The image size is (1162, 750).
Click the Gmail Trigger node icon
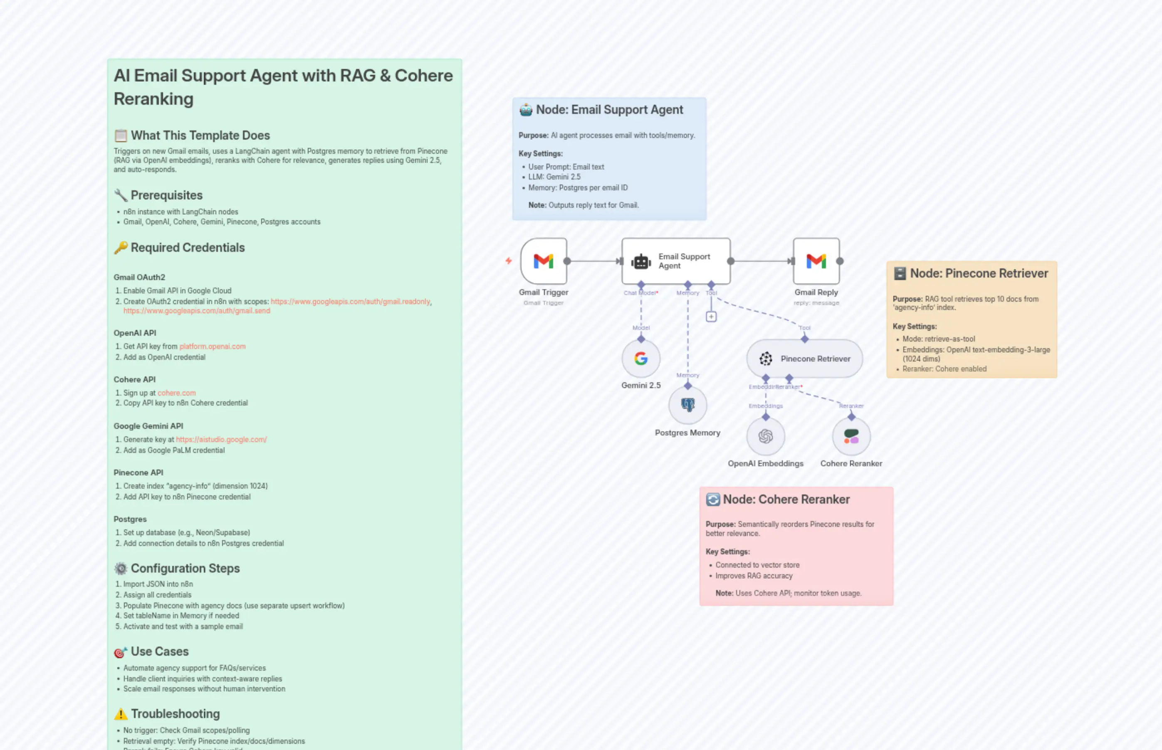pos(544,261)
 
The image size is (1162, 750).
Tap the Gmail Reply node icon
pos(816,261)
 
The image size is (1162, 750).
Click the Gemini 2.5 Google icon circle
pos(641,359)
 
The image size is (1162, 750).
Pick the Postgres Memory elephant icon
pos(688,405)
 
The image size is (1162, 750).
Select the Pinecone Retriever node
pos(805,359)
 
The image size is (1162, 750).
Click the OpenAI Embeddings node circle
pos(766,436)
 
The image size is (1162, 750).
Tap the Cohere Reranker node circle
pos(851,436)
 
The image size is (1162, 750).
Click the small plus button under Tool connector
pos(711,317)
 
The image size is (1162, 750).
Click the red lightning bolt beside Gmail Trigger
pos(508,261)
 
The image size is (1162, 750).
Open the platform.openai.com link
pos(212,346)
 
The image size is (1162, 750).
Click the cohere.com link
pos(176,393)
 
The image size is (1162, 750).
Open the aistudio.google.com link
pos(221,439)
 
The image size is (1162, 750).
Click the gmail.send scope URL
pos(196,311)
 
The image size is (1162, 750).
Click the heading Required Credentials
pos(187,247)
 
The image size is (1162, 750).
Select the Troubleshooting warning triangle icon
pos(120,714)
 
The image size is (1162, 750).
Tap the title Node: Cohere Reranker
pos(786,499)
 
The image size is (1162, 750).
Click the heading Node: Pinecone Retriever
pos(979,273)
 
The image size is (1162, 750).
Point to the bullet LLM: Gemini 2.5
pos(554,177)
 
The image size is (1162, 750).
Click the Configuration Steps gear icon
pos(120,568)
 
